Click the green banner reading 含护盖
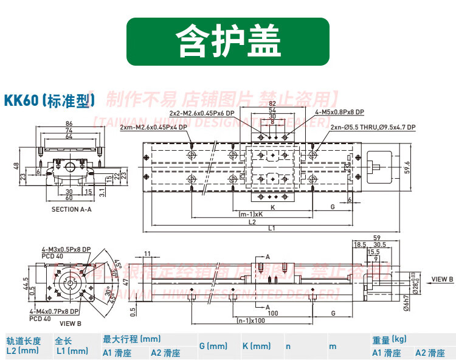coord(228,41)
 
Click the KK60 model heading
coord(47,100)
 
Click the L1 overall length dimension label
coord(272,229)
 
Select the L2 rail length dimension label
coord(252,222)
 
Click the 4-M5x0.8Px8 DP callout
coord(339,112)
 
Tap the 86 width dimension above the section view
coord(69,124)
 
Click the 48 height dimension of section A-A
coord(16,166)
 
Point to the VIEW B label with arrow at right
coord(442,279)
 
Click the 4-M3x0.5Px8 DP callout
coord(66,250)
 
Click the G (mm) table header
coord(213,346)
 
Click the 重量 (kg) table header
coord(389,339)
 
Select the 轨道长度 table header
coord(23,341)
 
